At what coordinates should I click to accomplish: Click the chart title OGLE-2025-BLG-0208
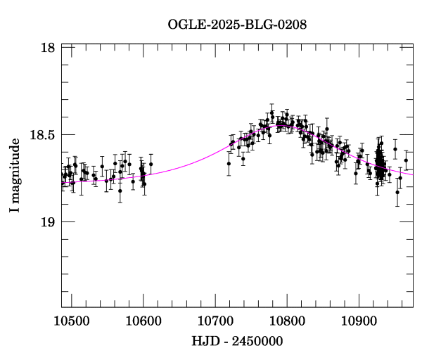[x=238, y=25]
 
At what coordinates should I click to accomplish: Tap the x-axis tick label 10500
[x=71, y=321]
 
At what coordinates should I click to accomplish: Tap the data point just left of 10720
[x=229, y=163]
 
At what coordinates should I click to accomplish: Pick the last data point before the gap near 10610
[x=151, y=164]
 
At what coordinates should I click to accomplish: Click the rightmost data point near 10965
[x=406, y=160]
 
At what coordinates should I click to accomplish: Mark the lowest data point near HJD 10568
[x=120, y=191]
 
